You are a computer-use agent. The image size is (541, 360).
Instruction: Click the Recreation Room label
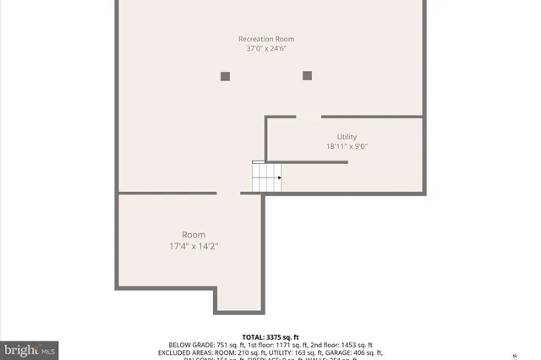265,39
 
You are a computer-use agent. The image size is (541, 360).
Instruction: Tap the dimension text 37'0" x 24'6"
265,49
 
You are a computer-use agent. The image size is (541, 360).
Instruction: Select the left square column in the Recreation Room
225,76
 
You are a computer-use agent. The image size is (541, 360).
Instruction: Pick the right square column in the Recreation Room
307,76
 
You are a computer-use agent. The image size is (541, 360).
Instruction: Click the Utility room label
347,136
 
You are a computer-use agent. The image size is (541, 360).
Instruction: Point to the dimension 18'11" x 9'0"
347,146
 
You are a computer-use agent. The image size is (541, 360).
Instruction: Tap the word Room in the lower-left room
193,235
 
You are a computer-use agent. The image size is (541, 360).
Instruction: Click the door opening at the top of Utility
309,117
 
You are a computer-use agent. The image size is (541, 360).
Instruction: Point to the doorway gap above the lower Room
228,194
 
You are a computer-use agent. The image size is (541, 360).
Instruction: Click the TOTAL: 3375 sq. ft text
270,336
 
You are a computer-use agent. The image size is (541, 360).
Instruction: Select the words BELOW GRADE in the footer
188,345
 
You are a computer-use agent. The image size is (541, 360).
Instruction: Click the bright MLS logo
30,349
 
